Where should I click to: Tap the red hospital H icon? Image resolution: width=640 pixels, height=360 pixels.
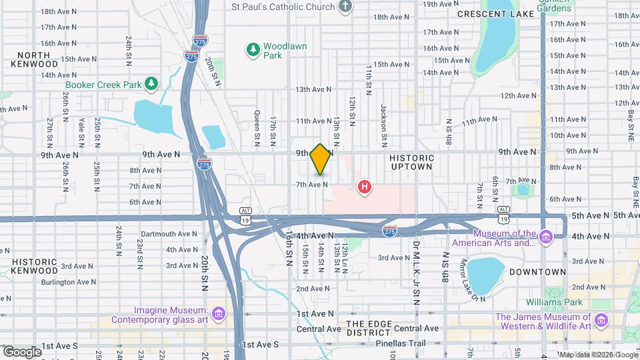(364, 187)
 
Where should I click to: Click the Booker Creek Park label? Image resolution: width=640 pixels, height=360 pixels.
(104, 85)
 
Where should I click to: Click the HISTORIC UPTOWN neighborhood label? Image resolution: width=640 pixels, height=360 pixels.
(412, 163)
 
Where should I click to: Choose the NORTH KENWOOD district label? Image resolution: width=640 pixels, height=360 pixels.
(34, 59)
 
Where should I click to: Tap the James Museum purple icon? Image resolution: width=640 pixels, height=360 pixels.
(601, 321)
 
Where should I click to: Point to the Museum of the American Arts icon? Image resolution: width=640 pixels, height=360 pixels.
(546, 237)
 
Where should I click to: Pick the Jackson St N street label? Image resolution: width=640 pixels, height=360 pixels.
(384, 126)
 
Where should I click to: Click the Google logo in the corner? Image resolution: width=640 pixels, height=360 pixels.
(22, 351)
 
